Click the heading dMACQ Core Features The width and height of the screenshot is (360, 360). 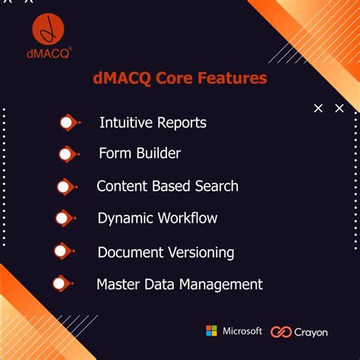point(179,78)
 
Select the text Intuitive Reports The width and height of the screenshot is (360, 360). point(153,122)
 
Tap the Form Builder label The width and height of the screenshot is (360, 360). point(140,153)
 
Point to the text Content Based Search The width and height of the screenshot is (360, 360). point(167,186)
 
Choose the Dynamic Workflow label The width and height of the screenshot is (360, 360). point(157,218)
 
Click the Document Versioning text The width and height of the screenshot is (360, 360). point(166,252)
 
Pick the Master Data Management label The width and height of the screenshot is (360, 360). point(179,285)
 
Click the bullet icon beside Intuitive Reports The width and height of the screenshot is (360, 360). point(68,122)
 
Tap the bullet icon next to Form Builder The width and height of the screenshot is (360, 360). point(68,154)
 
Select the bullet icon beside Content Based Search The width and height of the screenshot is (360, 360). point(66,186)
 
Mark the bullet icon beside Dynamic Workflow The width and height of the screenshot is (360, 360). point(65,219)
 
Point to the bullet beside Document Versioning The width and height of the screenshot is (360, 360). point(64,251)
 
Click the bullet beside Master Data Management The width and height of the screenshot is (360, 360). point(62,285)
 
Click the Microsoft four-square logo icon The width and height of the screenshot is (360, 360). point(211,331)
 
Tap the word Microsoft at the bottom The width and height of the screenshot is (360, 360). point(242,331)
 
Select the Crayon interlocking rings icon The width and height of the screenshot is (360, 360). point(283,332)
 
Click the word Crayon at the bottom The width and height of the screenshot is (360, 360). point(312,332)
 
